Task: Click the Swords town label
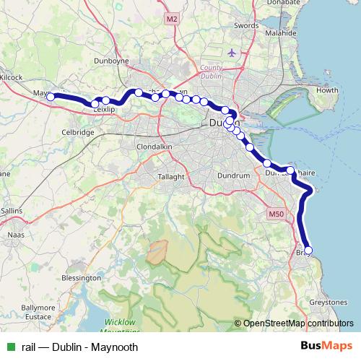click(x=246, y=25)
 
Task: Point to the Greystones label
click(x=329, y=301)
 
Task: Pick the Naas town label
click(x=15, y=235)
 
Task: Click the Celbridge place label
click(x=78, y=133)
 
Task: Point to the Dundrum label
click(x=232, y=175)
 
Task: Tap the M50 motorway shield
click(x=276, y=214)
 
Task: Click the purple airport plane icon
click(x=231, y=53)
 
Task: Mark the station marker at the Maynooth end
click(x=51, y=96)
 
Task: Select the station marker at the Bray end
click(x=308, y=250)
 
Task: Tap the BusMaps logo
click(x=328, y=347)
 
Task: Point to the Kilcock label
click(x=12, y=77)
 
